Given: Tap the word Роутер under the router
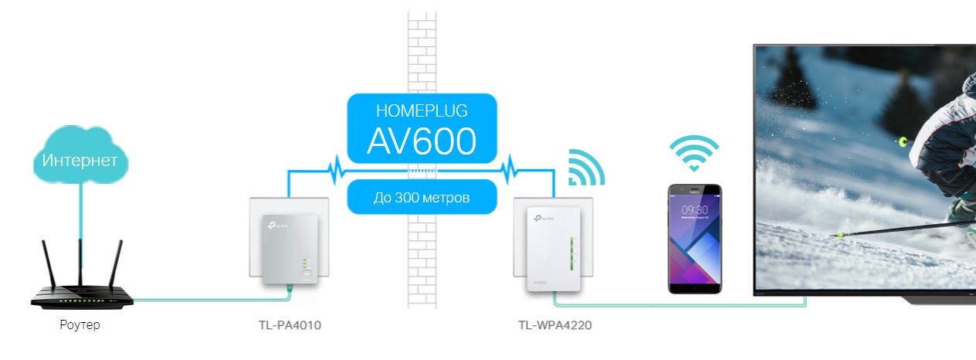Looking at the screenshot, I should (80, 325).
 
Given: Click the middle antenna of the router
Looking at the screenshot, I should (80, 263).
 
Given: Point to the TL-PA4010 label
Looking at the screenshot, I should (290, 325).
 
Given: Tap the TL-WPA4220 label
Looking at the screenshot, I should (555, 325).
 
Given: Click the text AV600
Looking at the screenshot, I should (421, 141).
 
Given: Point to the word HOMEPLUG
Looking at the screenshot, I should (421, 110).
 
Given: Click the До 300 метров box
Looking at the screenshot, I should (421, 197).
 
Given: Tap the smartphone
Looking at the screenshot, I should (695, 239).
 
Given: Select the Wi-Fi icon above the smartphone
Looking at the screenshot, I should (693, 153).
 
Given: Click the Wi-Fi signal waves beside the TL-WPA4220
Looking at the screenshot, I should (585, 168).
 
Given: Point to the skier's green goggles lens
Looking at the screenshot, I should (903, 141).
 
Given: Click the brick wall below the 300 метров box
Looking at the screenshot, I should (422, 263).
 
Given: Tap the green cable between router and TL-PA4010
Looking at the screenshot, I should (208, 299).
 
